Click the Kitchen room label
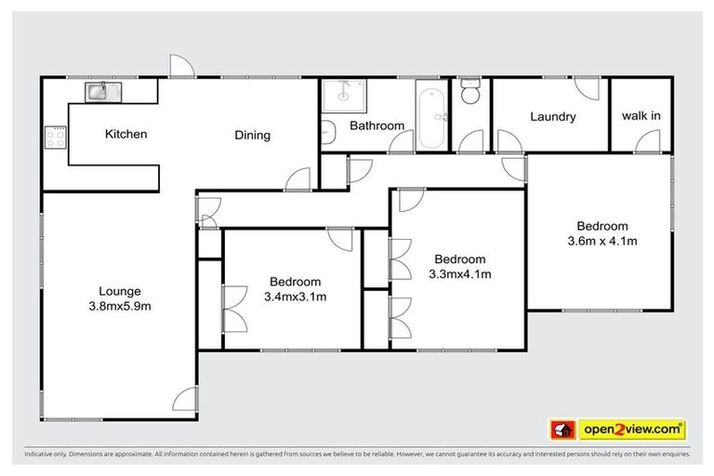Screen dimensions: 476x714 [126, 135]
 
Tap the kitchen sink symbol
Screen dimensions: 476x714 [99, 91]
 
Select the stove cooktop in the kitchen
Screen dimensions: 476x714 [55, 139]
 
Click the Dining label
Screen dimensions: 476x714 [252, 136]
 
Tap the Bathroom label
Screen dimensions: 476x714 [377, 126]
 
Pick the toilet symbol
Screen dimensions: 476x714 [470, 93]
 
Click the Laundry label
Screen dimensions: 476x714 [553, 117]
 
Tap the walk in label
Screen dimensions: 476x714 [641, 116]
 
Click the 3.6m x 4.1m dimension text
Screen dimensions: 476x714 [602, 241]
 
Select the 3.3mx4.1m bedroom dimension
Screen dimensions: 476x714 [459, 274]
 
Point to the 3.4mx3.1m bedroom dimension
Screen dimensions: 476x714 [295, 297]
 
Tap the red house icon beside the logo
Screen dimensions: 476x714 [562, 430]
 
